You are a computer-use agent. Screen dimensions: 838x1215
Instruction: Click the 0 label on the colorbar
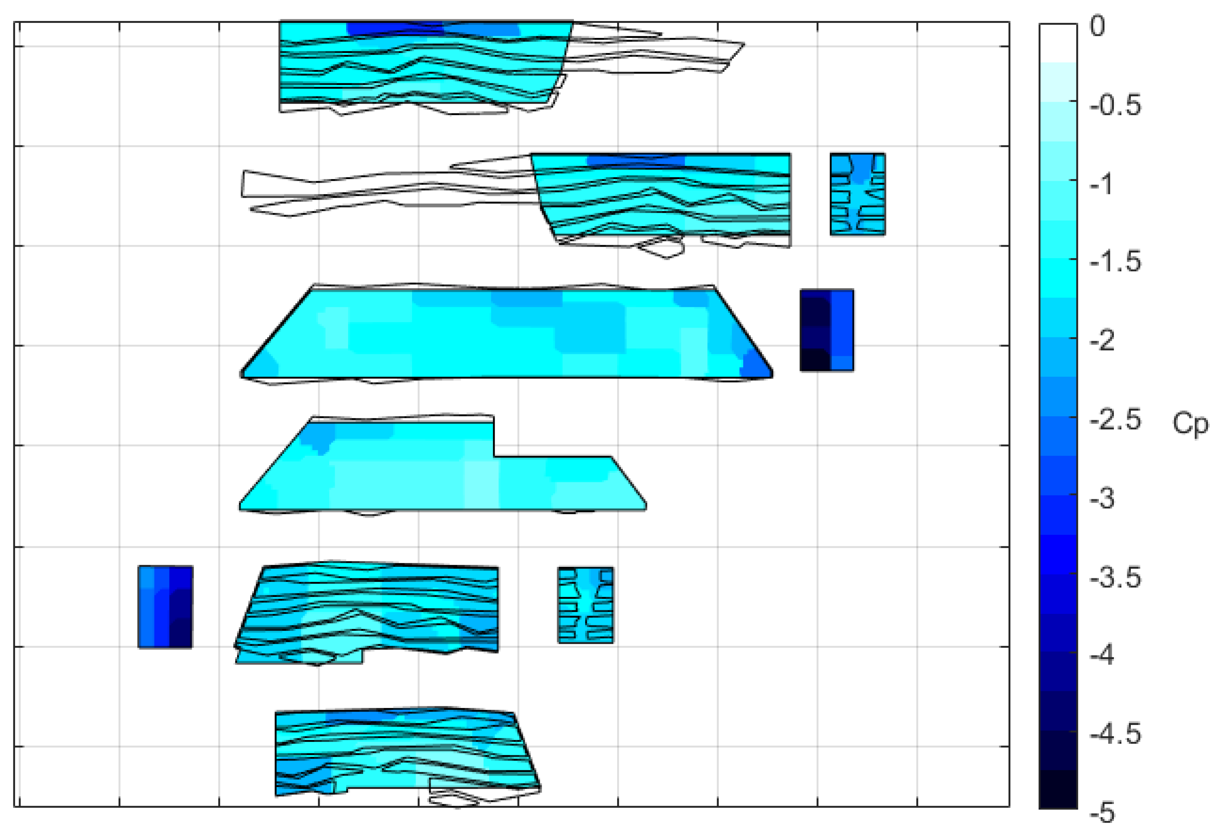pyautogui.click(x=1097, y=26)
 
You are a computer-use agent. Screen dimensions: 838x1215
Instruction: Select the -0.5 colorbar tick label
pyautogui.click(x=1115, y=106)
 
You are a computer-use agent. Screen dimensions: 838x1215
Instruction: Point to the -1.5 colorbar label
pyautogui.click(x=1115, y=262)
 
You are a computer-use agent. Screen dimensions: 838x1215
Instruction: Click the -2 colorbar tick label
pyautogui.click(x=1102, y=341)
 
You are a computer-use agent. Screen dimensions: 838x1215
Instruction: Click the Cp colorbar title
pyautogui.click(x=1190, y=423)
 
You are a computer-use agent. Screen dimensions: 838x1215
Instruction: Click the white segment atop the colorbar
pyautogui.click(x=1058, y=43)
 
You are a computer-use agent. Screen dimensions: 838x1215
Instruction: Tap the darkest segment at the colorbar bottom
pyautogui.click(x=1058, y=789)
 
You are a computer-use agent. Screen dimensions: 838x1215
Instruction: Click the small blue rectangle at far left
pyautogui.click(x=165, y=606)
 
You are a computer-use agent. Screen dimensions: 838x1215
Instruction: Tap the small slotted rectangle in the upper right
pyautogui.click(x=857, y=194)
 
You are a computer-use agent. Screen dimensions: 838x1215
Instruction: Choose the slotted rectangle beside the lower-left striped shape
pyautogui.click(x=585, y=604)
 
